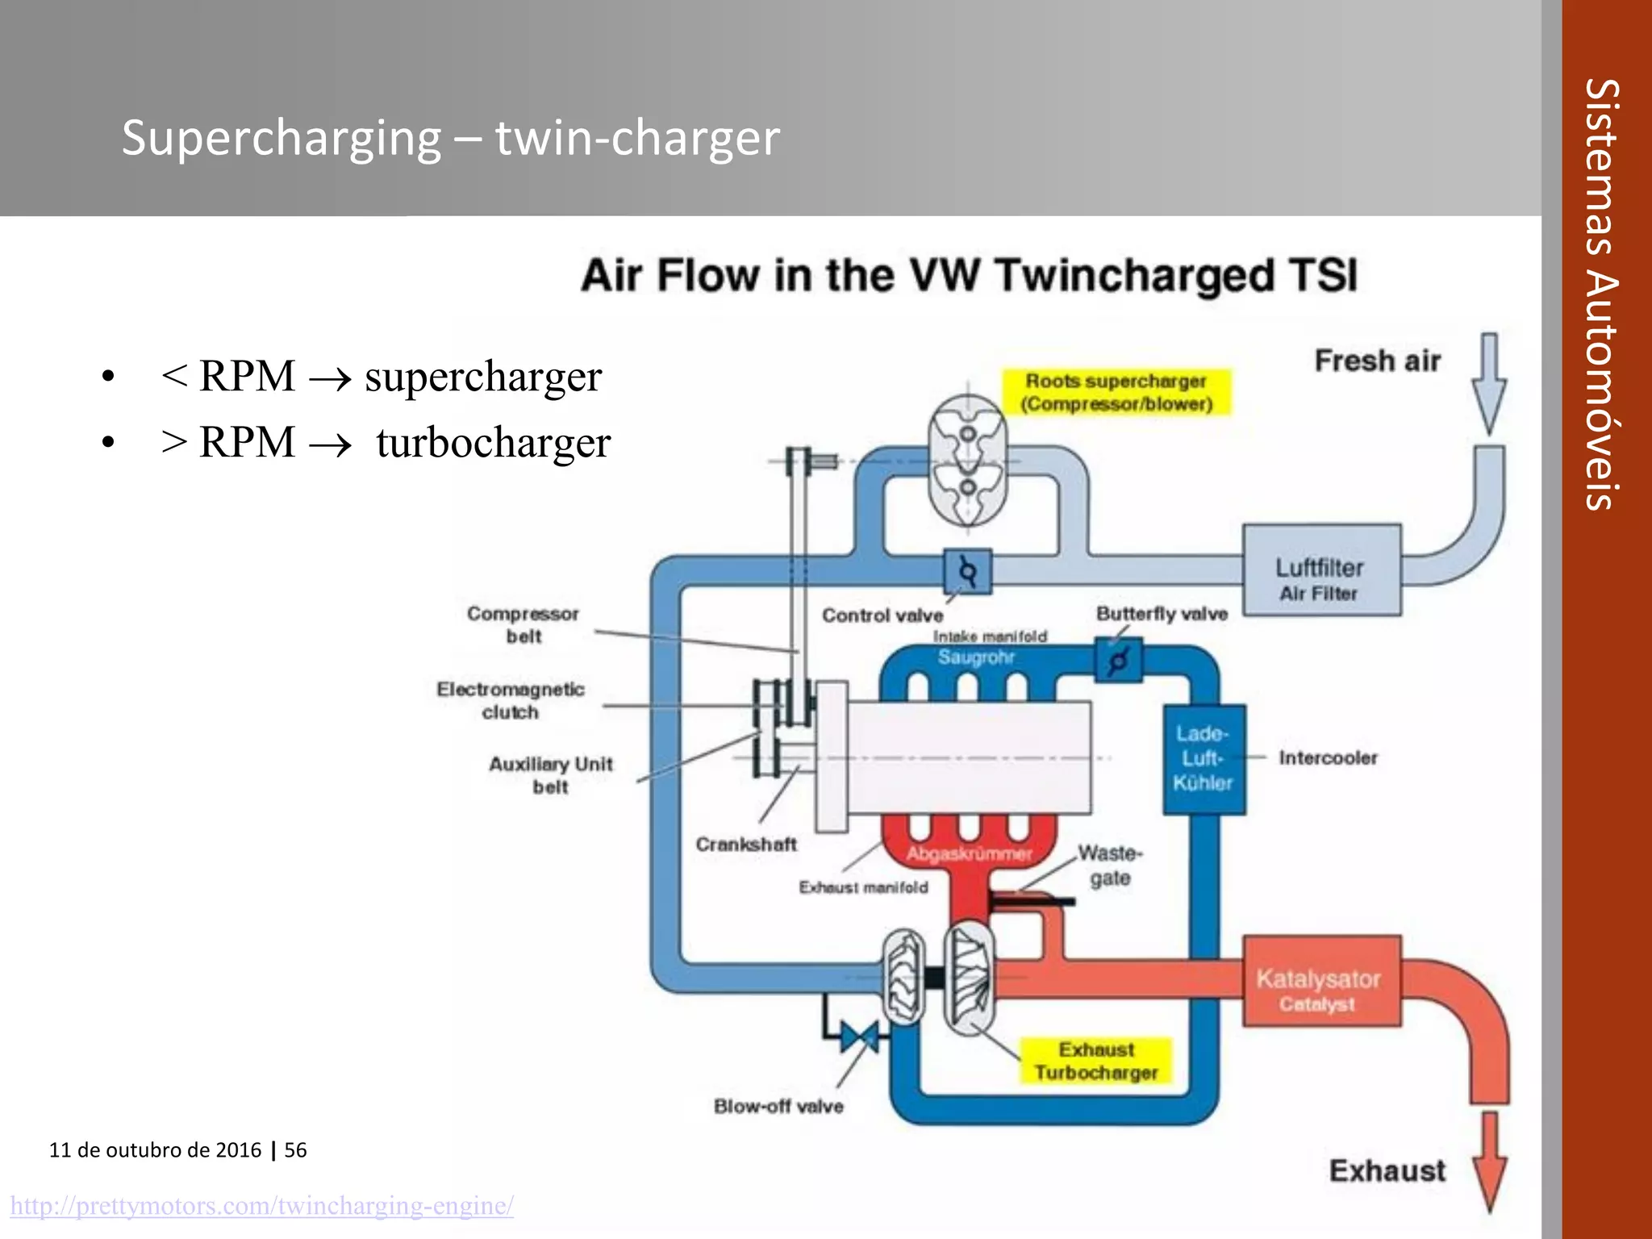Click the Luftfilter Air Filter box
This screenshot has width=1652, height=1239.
[x=1321, y=570]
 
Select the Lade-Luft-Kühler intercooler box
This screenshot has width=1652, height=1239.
[x=1204, y=758]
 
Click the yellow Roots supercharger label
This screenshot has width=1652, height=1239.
[x=1116, y=392]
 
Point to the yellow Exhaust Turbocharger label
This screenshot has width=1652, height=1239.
[x=1095, y=1061]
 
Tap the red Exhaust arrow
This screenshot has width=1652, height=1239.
[x=1489, y=1162]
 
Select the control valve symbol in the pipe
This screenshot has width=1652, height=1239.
[x=967, y=572]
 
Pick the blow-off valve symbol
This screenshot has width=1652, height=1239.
[x=859, y=1037]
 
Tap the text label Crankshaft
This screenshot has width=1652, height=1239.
[x=746, y=845]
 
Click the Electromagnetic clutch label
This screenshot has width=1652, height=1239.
[x=510, y=700]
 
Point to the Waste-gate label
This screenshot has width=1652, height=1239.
[x=1110, y=865]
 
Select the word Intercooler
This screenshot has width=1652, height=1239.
[x=1328, y=758]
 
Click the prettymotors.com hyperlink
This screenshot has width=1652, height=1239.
[x=261, y=1206]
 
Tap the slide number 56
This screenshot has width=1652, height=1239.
[x=295, y=1149]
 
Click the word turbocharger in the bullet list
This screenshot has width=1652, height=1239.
[x=493, y=443]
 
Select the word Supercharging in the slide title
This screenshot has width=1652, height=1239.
[x=282, y=137]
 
